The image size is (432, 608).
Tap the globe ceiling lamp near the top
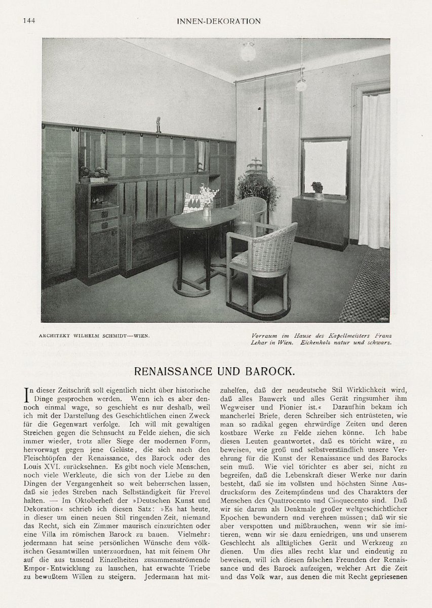tap(248, 51)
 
